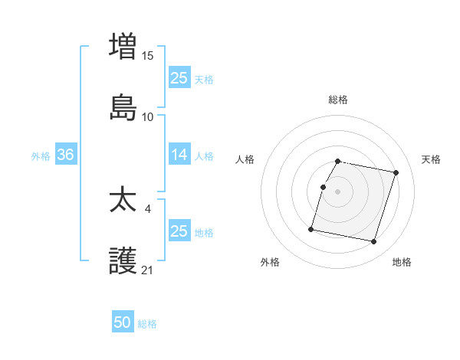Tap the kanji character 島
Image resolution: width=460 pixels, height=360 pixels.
pyautogui.click(x=123, y=108)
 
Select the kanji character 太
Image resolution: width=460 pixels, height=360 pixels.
pyautogui.click(x=123, y=201)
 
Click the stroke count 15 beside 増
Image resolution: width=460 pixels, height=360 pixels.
pyautogui.click(x=148, y=55)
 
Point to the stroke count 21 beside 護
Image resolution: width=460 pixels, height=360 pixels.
pyautogui.click(x=148, y=270)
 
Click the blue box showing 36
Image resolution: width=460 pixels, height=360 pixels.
pyautogui.click(x=65, y=155)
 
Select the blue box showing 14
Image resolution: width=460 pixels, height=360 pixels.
pyautogui.click(x=179, y=155)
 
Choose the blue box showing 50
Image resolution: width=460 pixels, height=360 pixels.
pyautogui.click(x=123, y=322)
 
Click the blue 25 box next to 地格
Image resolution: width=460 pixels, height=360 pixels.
pyautogui.click(x=179, y=231)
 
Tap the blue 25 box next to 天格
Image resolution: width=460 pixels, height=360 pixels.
pyautogui.click(x=179, y=77)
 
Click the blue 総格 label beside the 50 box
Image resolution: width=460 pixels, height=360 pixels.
pyautogui.click(x=147, y=324)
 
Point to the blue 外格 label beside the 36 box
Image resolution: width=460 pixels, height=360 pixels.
pyautogui.click(x=41, y=156)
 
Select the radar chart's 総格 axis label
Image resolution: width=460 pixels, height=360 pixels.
pyautogui.click(x=338, y=100)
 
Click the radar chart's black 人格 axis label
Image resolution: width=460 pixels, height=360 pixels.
pyautogui.click(x=245, y=159)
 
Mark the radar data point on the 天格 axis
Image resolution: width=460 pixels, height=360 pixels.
pyautogui.click(x=396, y=172)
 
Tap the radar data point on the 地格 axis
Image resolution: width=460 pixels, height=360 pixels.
pyautogui.click(x=373, y=242)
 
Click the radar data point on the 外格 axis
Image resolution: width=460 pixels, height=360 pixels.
pyautogui.click(x=311, y=228)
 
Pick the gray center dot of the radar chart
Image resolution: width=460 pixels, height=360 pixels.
pyautogui.click(x=338, y=191)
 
